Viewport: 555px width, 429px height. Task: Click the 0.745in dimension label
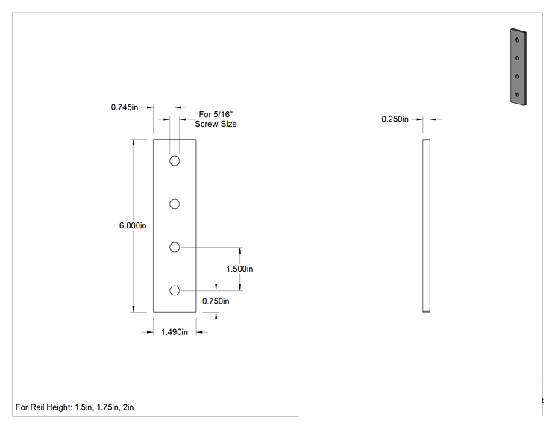(125, 107)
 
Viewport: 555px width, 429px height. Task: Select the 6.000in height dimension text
(133, 225)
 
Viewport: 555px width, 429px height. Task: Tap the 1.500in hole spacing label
(239, 269)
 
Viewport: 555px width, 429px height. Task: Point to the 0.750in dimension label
(216, 301)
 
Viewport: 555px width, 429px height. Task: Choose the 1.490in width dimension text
(175, 332)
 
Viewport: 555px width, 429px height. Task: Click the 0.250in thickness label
(395, 119)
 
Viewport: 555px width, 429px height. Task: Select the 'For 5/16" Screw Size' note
(216, 119)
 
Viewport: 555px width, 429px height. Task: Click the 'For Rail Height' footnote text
(75, 407)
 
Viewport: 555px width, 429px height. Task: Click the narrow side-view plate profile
(426, 225)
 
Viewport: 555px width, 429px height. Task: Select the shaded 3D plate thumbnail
(518, 67)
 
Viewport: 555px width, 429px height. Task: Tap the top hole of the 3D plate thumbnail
(518, 40)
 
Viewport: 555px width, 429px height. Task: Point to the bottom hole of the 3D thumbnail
(518, 95)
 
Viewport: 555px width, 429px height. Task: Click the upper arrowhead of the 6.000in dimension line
(134, 143)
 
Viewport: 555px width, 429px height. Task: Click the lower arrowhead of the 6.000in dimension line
(134, 309)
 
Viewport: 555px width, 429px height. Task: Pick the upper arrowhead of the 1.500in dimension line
(240, 251)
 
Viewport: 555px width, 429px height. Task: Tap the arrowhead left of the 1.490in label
(150, 332)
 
